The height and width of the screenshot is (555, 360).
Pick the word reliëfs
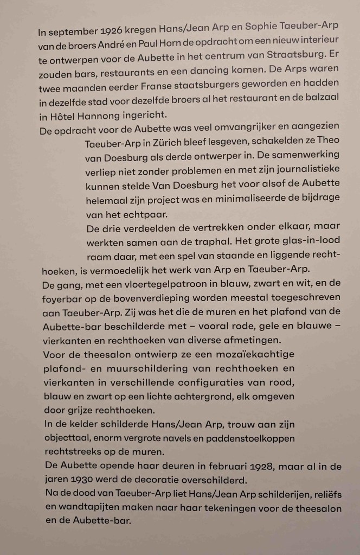click(x=325, y=495)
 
